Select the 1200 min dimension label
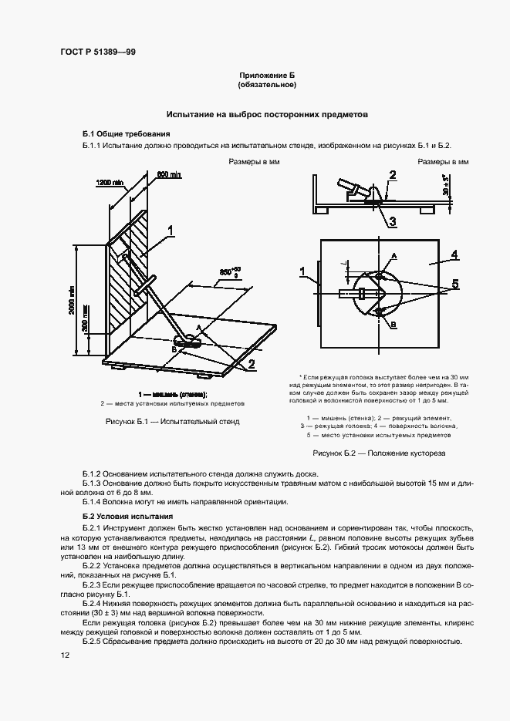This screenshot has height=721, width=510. [110, 183]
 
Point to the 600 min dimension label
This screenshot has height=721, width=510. [168, 175]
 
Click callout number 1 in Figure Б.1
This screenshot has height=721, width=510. [168, 229]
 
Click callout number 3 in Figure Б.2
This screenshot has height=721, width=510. [392, 221]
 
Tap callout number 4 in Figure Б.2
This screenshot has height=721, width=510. [454, 254]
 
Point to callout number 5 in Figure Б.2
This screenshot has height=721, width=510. [455, 284]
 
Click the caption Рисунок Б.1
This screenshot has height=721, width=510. [172, 422]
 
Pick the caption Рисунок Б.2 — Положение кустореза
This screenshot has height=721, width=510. [379, 453]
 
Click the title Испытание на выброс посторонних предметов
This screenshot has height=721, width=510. [267, 113]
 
